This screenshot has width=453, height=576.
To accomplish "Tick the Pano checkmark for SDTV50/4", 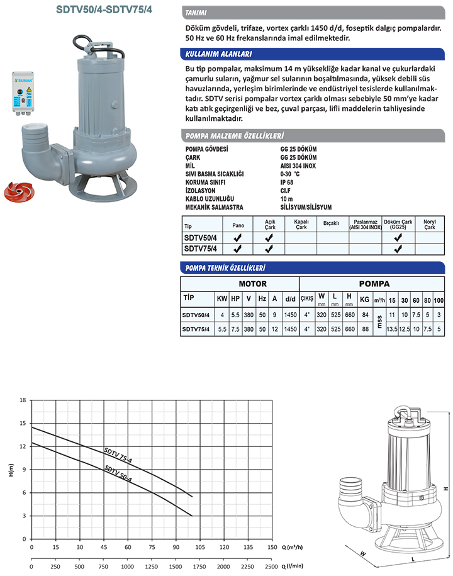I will point(238,239).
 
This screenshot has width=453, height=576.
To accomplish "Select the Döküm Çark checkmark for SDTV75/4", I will point(398,249).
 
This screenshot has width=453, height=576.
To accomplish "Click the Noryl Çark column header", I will point(429,225).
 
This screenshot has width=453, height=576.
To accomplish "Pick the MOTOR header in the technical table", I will point(252,284).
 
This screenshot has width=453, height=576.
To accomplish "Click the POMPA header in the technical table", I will point(374,284).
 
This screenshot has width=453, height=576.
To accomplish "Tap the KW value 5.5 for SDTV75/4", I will point(221,329).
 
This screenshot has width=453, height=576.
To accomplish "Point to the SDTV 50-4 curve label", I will point(118,473).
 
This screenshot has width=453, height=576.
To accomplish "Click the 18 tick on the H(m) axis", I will point(23,400).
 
